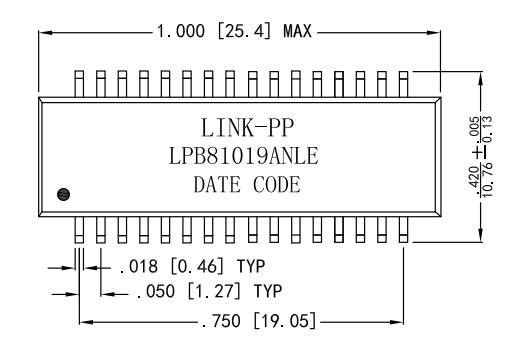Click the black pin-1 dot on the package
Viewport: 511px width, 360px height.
(x=63, y=194)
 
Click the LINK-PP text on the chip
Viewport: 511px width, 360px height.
(x=248, y=128)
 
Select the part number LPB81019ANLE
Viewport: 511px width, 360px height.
(x=244, y=156)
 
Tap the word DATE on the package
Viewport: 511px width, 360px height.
(x=217, y=185)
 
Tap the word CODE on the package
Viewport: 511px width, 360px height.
(x=277, y=185)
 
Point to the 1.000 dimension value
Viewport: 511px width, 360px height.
(x=181, y=31)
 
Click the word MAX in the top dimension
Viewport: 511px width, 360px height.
(x=297, y=31)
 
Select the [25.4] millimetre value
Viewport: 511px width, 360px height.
(x=244, y=31)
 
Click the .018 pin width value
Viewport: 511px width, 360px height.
(x=139, y=266)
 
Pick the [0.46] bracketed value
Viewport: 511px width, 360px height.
(x=197, y=266)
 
